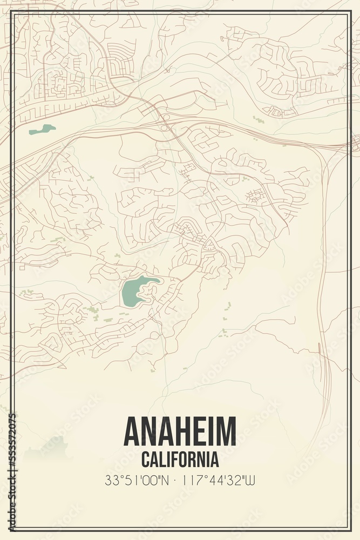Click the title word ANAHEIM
pos(180,431)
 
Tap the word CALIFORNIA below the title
pos(180,460)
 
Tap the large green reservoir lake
pos(135,290)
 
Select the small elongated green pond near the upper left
pos(42,130)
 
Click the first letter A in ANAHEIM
pos(133,431)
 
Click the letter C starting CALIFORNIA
pos(145,460)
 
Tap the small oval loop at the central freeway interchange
pos(166,117)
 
